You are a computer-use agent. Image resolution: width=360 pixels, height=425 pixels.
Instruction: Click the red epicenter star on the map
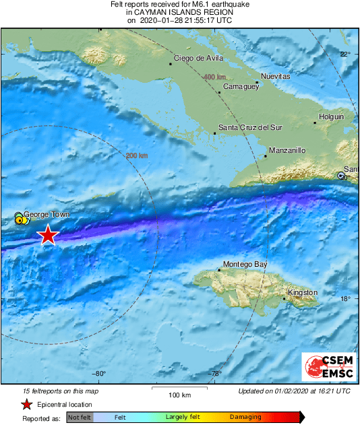(48, 235)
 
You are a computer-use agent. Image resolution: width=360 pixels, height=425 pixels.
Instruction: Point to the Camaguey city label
(241, 87)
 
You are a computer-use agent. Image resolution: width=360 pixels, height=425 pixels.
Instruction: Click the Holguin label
(331, 117)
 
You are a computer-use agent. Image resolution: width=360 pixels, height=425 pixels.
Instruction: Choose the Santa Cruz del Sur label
(247, 127)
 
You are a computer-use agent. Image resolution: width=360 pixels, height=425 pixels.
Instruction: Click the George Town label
(47, 216)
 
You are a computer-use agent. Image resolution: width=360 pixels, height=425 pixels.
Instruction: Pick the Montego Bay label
(245, 265)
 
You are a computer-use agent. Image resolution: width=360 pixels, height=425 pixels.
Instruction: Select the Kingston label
(302, 293)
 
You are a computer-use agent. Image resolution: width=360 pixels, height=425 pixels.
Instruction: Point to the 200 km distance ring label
(137, 156)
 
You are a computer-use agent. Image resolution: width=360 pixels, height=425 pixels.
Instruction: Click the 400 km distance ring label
(214, 77)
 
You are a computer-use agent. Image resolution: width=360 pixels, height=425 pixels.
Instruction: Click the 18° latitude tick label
(344, 299)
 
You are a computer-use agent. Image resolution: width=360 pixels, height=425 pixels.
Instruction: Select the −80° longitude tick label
(99, 374)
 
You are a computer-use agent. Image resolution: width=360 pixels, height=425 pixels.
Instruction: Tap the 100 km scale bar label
(179, 395)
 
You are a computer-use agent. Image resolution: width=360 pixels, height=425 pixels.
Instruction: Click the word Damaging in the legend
(245, 418)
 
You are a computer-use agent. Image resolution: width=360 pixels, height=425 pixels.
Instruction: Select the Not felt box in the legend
(79, 418)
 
